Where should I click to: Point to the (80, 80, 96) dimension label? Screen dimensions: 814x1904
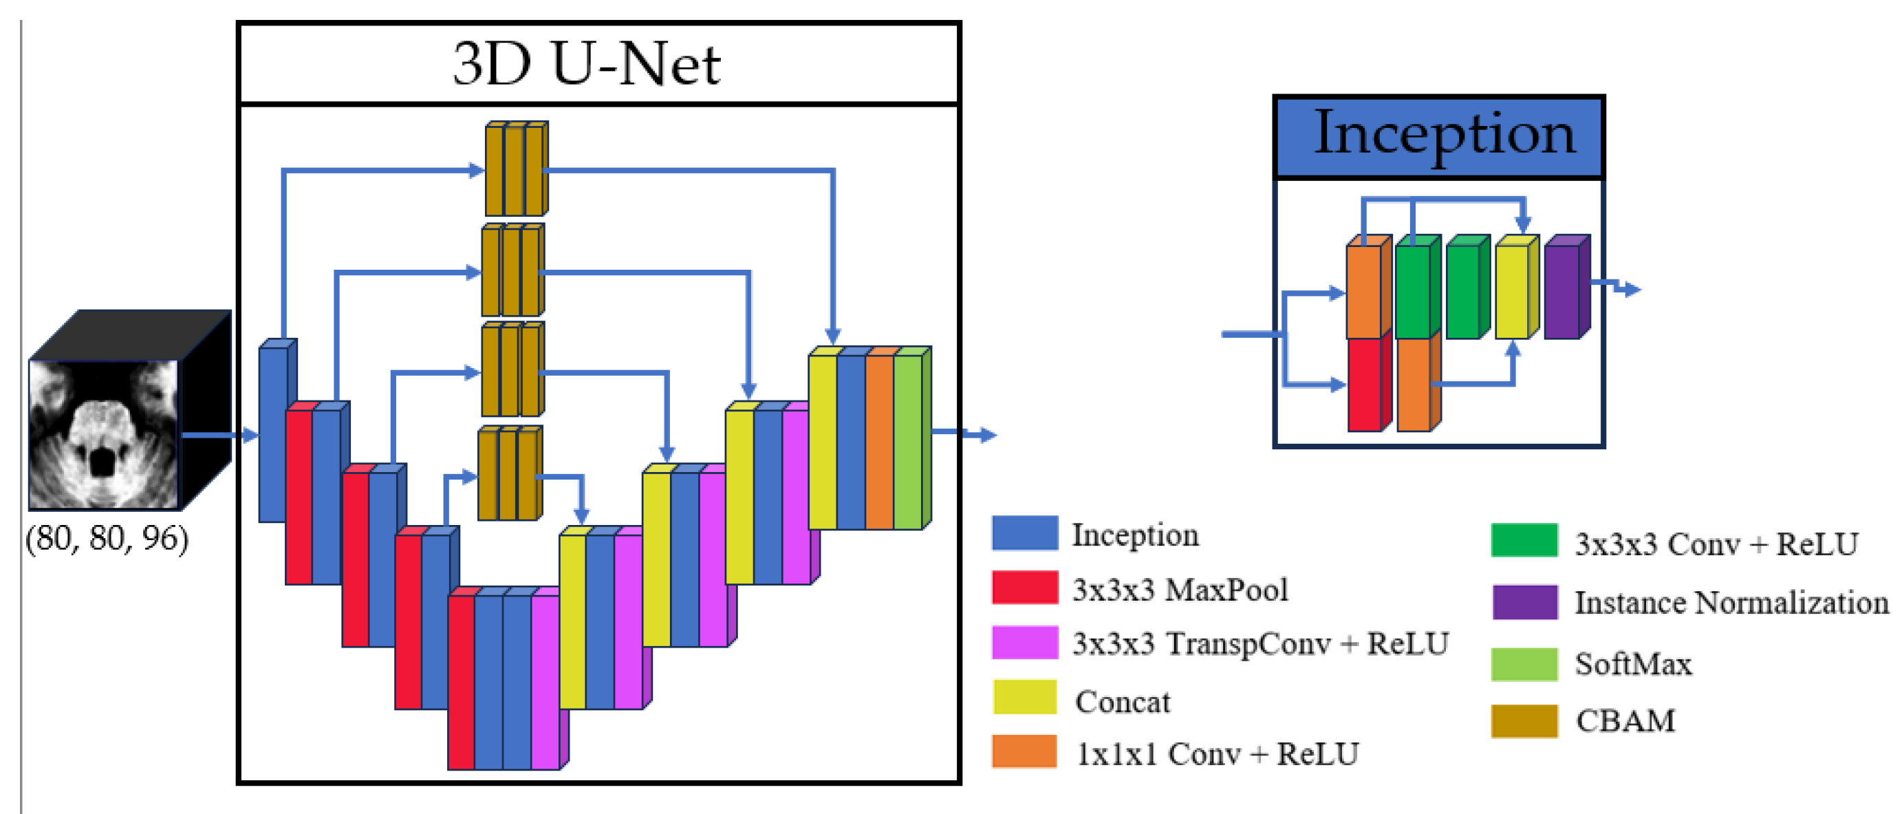[x=107, y=538]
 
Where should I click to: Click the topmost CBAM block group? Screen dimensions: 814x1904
[x=516, y=170]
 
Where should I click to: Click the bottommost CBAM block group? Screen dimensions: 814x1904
[x=509, y=474]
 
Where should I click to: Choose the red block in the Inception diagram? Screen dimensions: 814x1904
[x=1365, y=385]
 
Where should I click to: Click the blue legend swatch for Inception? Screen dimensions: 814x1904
[x=1024, y=533]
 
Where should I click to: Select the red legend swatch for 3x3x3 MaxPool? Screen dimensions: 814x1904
[x=1024, y=588]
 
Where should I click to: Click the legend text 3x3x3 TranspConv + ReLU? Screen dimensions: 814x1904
[x=1260, y=643]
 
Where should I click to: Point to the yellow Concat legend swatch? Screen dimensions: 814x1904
[x=1024, y=698]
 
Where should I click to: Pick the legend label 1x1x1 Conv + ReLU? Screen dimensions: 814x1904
[x=1217, y=753]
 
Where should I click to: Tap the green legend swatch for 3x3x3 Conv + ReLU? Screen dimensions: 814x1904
[x=1524, y=540]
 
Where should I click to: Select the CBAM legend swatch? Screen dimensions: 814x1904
[x=1524, y=721]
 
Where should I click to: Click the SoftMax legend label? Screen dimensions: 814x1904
[x=1633, y=663]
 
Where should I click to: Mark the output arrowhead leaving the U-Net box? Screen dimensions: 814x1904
[x=988, y=435]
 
